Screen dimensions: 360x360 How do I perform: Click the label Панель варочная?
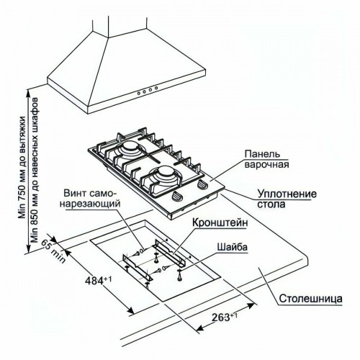pos(266,158)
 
